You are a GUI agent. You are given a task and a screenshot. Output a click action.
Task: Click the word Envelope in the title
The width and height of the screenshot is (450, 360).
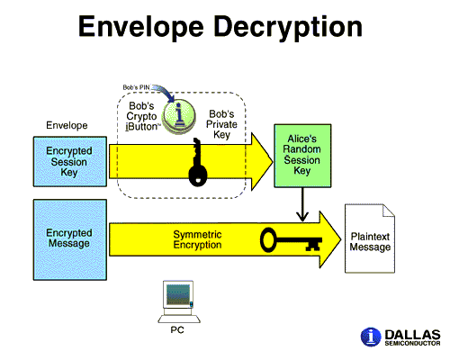[141, 27]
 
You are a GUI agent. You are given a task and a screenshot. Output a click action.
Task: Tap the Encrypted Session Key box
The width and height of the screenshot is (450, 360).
[70, 162]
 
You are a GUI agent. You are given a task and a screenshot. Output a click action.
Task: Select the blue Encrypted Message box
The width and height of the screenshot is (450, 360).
[70, 240]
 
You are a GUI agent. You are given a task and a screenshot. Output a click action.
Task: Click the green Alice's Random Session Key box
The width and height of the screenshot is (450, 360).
[302, 156]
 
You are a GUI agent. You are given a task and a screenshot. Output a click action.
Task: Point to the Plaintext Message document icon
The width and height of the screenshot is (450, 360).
[370, 238]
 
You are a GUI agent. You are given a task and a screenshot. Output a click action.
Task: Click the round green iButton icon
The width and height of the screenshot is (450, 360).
[179, 115]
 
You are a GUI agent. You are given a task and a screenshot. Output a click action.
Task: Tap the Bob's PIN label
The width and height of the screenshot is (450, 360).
[136, 87]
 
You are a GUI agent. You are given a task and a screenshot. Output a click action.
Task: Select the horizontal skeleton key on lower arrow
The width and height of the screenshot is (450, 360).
[291, 239]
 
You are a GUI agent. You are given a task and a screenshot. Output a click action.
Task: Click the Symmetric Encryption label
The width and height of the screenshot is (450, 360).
[197, 239]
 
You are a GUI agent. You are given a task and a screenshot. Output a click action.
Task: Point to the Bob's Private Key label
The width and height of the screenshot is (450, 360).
[221, 124]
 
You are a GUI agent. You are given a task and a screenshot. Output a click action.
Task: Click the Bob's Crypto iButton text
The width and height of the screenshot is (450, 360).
[141, 116]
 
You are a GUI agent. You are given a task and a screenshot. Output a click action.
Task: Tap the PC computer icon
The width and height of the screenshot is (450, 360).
[179, 301]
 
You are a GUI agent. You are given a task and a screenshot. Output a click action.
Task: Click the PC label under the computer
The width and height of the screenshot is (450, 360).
[177, 330]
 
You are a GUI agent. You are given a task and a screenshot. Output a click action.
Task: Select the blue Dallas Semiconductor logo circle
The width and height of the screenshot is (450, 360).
[371, 337]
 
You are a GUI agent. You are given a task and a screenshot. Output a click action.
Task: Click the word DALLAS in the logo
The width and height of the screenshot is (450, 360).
[412, 335]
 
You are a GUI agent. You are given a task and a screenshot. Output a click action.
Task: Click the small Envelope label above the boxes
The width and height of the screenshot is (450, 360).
[67, 125]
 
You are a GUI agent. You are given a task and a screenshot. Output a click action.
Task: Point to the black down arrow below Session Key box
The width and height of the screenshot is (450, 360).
[302, 204]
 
